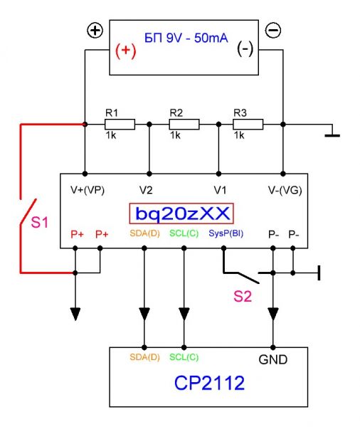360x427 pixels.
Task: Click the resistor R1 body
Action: (x=120, y=125)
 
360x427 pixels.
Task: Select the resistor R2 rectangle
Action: (x=184, y=125)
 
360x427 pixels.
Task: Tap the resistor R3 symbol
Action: (x=248, y=125)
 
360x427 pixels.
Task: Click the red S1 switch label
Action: (x=40, y=222)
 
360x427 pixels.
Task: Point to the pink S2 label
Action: (x=243, y=296)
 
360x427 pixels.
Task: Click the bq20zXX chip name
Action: (x=182, y=213)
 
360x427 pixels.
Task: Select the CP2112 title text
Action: (x=209, y=383)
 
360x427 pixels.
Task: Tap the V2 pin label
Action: (x=146, y=190)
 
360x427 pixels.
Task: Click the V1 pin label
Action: (x=220, y=190)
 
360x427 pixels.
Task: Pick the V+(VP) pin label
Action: (x=88, y=190)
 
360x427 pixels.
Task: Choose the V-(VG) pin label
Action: (x=285, y=190)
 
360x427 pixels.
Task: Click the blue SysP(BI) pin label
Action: (x=226, y=233)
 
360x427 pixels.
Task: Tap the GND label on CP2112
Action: (x=273, y=359)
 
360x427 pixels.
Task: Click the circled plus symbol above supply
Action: (x=95, y=30)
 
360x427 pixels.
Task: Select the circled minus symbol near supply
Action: (x=273, y=30)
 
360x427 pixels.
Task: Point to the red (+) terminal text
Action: (x=125, y=51)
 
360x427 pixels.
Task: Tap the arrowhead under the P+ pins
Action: (x=75, y=314)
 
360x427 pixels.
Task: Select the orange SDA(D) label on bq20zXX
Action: (x=144, y=233)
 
